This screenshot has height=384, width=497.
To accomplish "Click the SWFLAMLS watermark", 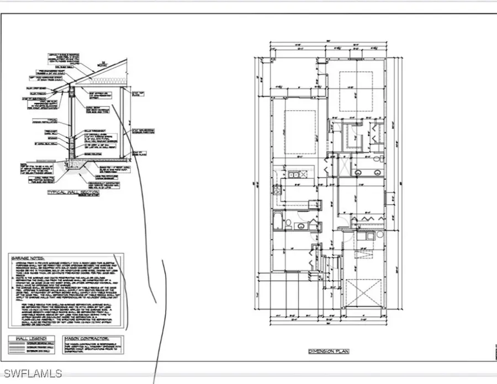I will tap(32, 374).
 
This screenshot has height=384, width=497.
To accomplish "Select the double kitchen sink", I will tap(293, 174).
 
